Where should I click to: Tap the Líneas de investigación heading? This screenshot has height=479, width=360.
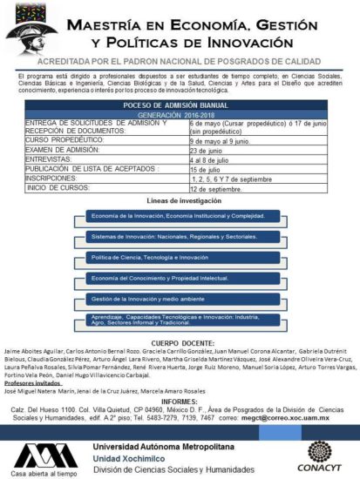pyautogui.click(x=179, y=199)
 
